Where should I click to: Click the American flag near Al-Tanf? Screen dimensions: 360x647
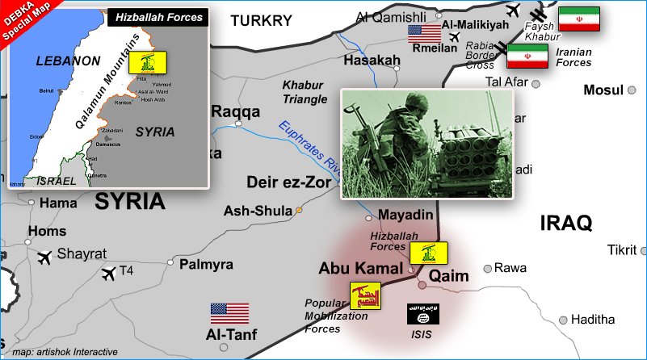point(229,313)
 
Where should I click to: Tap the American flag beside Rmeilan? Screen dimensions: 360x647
point(424,33)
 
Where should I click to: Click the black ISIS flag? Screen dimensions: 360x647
point(424,313)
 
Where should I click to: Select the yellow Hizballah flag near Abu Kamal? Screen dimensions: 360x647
point(428,253)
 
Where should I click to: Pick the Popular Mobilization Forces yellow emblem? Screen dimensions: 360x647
point(365,296)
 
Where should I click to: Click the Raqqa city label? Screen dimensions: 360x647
point(235,111)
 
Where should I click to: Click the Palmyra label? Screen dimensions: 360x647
point(206,264)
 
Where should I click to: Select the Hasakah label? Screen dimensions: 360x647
point(372,61)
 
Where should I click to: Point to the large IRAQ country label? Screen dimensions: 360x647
point(566,223)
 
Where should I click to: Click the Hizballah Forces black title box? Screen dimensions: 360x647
point(158,16)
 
